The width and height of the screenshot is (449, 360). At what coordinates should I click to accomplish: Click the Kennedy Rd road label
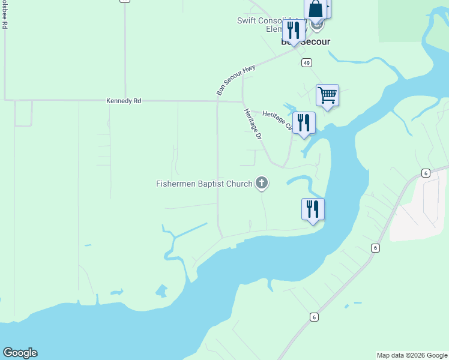pyautogui.click(x=124, y=101)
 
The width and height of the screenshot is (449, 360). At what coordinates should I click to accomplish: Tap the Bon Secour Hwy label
pyautogui.click(x=236, y=80)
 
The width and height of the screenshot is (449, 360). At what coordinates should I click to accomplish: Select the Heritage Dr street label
pyautogui.click(x=253, y=124)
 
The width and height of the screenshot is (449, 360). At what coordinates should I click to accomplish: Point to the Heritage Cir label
pyautogui.click(x=277, y=121)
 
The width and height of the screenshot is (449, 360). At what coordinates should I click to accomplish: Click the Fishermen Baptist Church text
pyautogui.click(x=204, y=184)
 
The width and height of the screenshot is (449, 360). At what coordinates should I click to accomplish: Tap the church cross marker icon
pyautogui.click(x=261, y=182)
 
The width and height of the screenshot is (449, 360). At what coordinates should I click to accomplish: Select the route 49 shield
pyautogui.click(x=307, y=63)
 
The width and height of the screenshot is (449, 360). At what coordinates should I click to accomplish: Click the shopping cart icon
pyautogui.click(x=327, y=95)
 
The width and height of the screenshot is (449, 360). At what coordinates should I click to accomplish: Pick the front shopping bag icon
pyautogui.click(x=316, y=10)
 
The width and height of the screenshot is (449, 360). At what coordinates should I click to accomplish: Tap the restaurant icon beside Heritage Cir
pyautogui.click(x=304, y=123)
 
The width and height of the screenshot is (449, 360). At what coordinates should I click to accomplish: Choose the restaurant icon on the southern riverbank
pyautogui.click(x=313, y=209)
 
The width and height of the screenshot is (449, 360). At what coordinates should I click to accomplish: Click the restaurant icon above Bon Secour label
pyautogui.click(x=294, y=31)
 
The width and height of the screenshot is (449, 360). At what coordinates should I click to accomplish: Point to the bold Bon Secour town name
pyautogui.click(x=306, y=43)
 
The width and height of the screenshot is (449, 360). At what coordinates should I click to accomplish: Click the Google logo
pyautogui.click(x=20, y=353)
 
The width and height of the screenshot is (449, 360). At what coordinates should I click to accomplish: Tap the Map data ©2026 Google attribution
pyautogui.click(x=412, y=355)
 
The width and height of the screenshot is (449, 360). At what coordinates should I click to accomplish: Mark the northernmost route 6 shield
pyautogui.click(x=426, y=173)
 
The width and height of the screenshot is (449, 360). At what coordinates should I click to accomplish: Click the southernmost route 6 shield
pyautogui.click(x=313, y=317)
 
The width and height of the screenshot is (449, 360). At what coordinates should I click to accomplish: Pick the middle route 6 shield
pyautogui.click(x=375, y=247)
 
